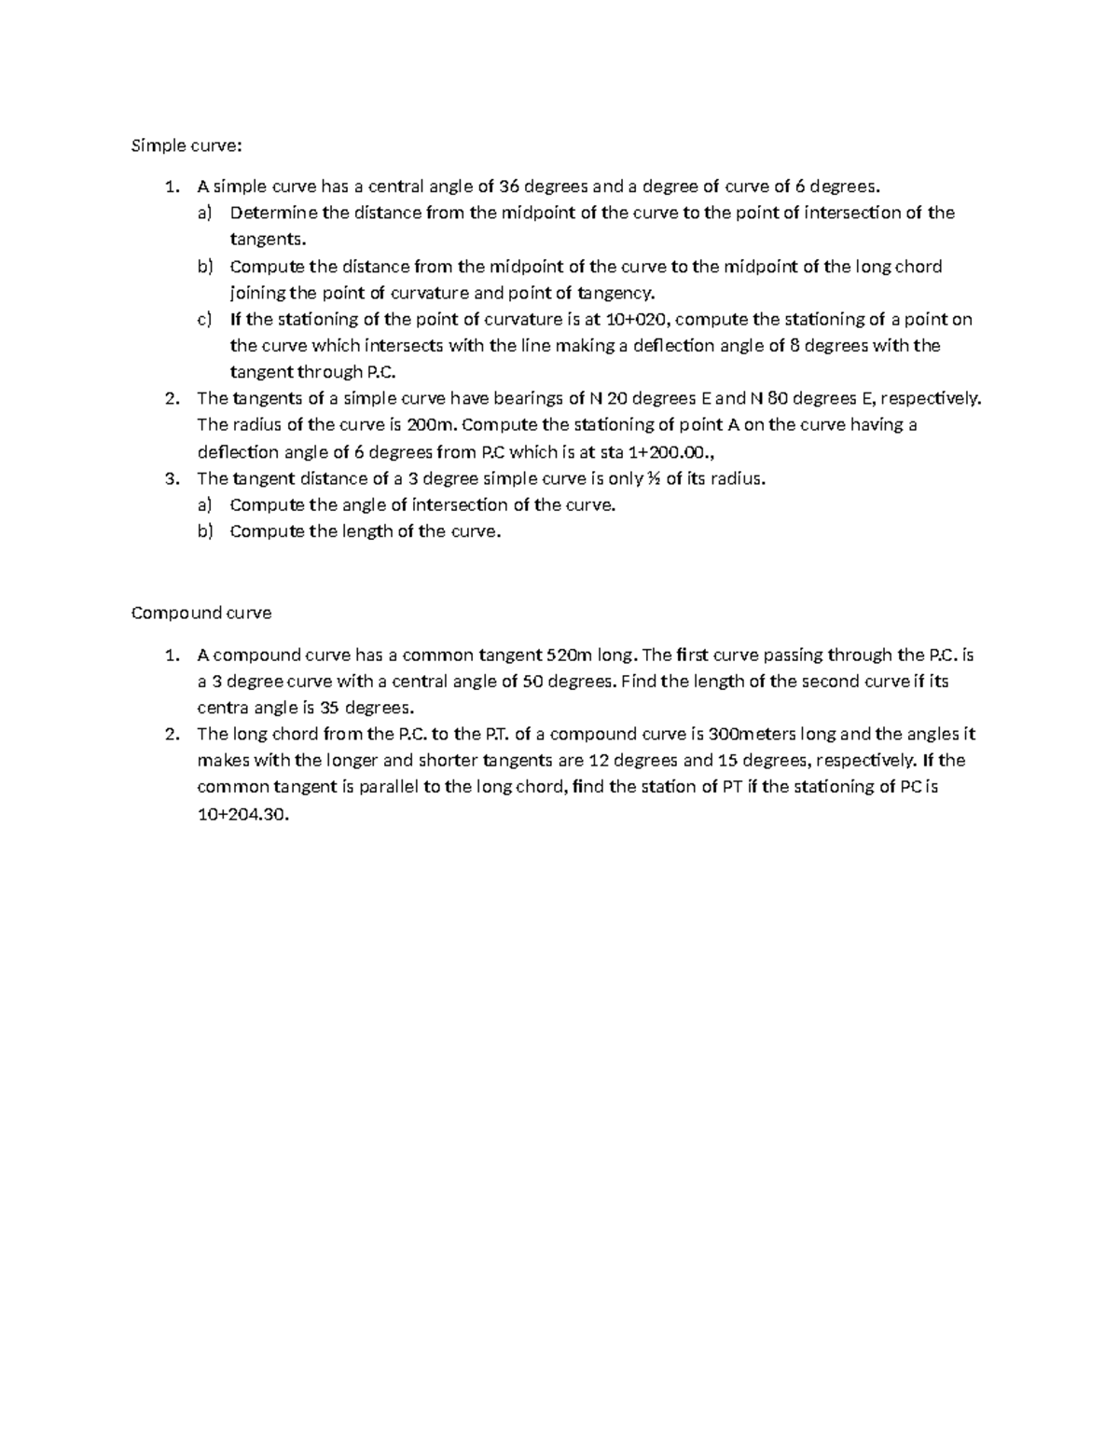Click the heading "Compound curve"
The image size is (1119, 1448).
click(201, 613)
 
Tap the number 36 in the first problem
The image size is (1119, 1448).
click(511, 186)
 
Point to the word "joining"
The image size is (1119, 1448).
click(257, 293)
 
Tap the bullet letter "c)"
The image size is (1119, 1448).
click(204, 320)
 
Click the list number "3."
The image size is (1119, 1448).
click(171, 479)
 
